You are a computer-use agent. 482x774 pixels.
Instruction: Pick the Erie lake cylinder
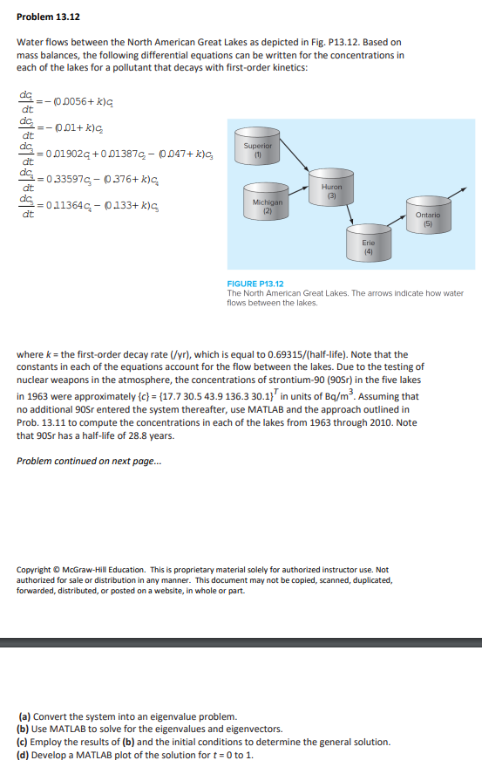(x=368, y=243)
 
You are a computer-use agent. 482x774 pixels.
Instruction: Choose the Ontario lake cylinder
(x=427, y=217)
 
